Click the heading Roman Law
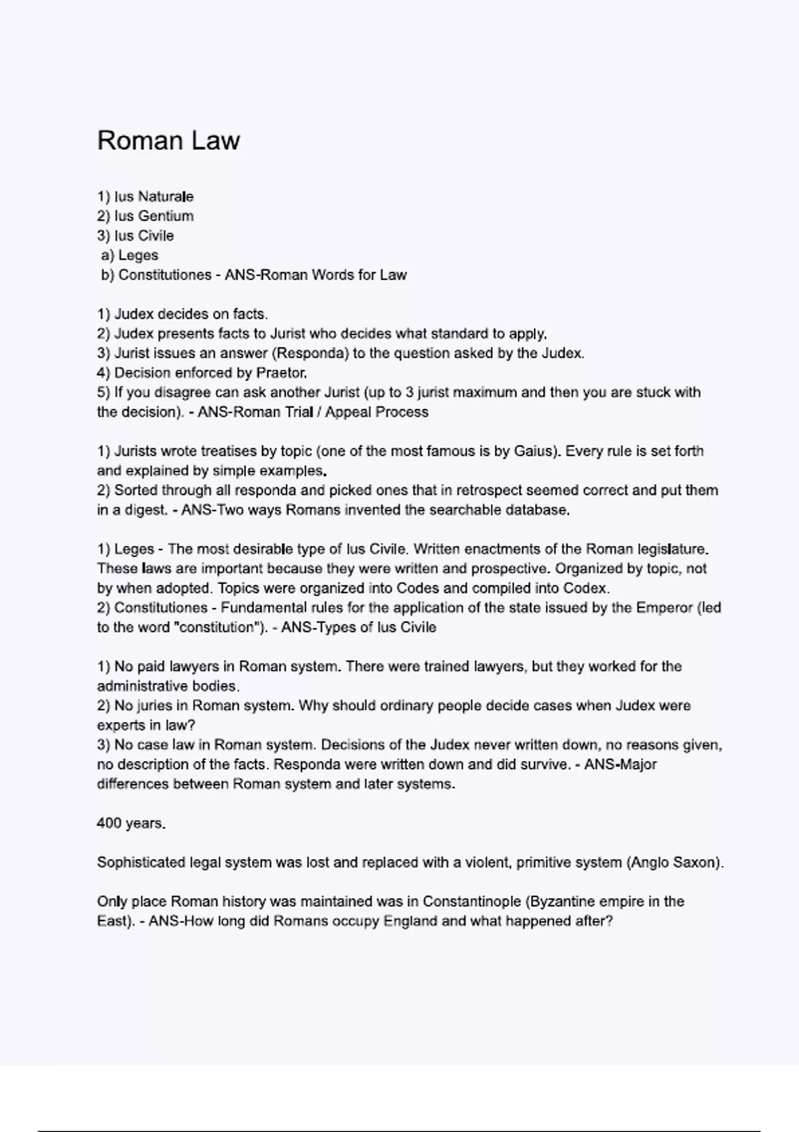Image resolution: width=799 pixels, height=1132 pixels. pyautogui.click(x=168, y=141)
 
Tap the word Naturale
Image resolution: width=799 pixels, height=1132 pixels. pyautogui.click(x=165, y=196)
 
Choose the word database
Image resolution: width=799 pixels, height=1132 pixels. pyautogui.click(x=537, y=511)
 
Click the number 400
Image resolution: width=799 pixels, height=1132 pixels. pyautogui.click(x=109, y=824)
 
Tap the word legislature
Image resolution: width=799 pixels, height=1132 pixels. pyautogui.click(x=672, y=549)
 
